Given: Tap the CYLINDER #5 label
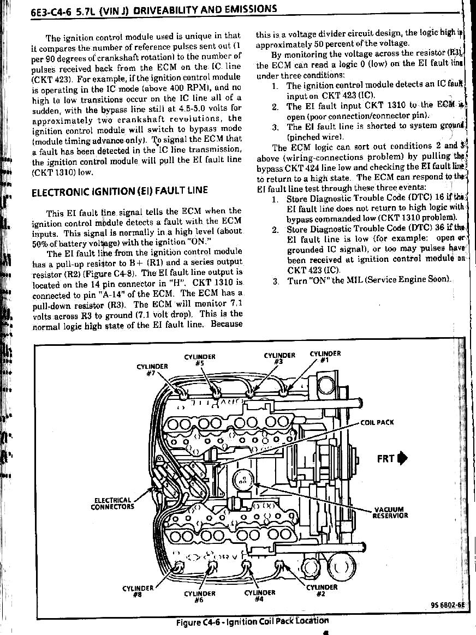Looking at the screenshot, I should pyautogui.click(x=200, y=360).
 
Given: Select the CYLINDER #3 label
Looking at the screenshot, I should pyautogui.click(x=279, y=358).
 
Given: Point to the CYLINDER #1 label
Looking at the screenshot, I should pyautogui.click(x=325, y=356).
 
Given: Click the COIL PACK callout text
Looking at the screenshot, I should pyautogui.click(x=377, y=422).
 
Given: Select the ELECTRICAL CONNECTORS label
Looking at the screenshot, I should pyautogui.click(x=112, y=503).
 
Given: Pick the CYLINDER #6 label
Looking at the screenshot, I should pyautogui.click(x=200, y=596).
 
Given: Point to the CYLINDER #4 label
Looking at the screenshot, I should pyautogui.click(x=260, y=595).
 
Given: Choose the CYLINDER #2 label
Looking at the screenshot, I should pyautogui.click(x=322, y=590).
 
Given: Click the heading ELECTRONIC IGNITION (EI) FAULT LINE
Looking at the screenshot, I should pyautogui.click(x=120, y=192).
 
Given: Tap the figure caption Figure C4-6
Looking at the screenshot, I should pyautogui.click(x=252, y=621).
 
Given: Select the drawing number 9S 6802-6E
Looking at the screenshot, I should pyautogui.click(x=447, y=604).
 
